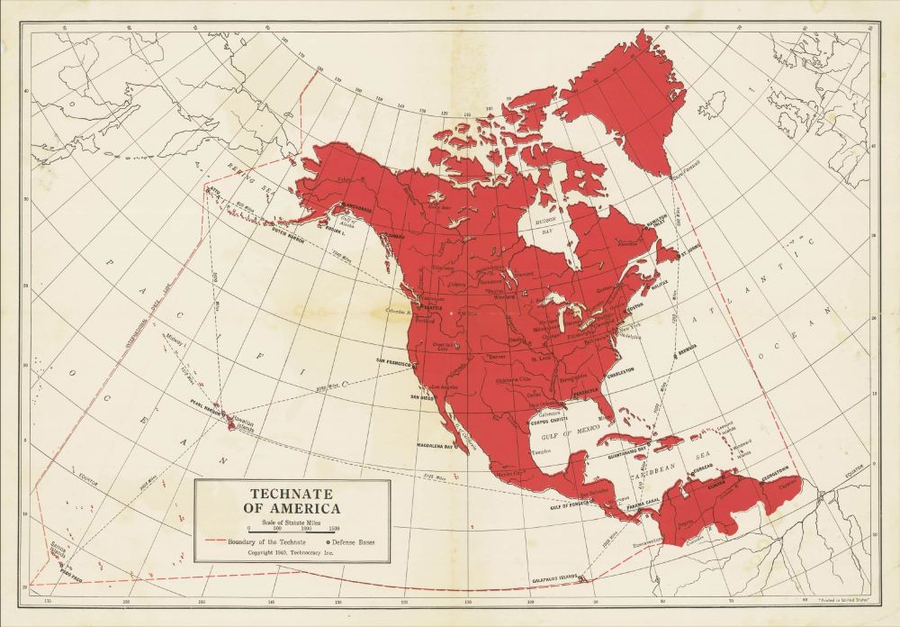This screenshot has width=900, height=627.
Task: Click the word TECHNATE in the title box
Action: click(x=292, y=495)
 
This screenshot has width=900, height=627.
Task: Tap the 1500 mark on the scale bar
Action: click(x=333, y=528)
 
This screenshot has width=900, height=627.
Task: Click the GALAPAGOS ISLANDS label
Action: click(x=552, y=577)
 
